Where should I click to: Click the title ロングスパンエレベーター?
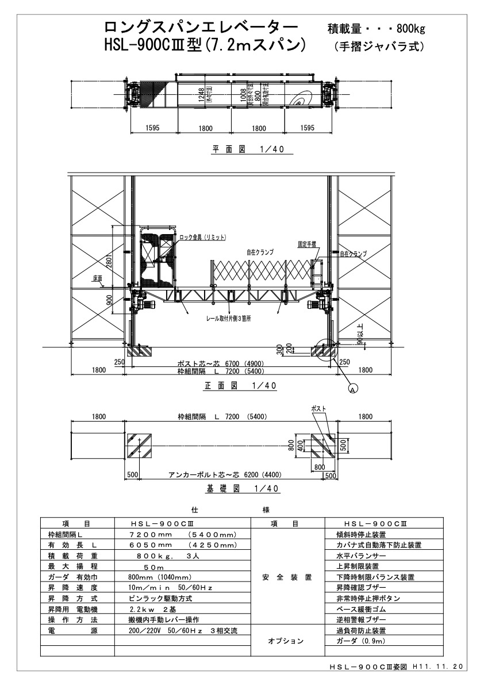tap(201, 27)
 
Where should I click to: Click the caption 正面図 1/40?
tap(241, 387)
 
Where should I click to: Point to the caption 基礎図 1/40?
tap(242, 489)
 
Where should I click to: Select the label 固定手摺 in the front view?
tap(307, 244)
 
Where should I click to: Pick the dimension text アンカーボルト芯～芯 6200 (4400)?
tap(225, 475)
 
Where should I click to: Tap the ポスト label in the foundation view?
tap(318, 408)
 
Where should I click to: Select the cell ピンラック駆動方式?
tap(160, 598)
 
